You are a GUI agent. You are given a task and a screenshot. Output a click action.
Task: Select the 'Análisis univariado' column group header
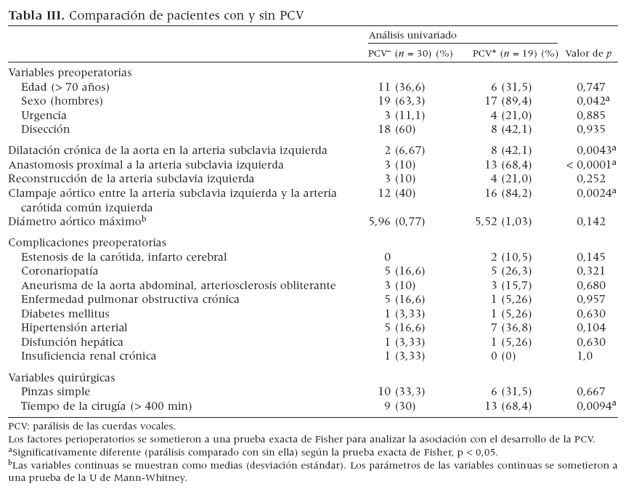[412, 35]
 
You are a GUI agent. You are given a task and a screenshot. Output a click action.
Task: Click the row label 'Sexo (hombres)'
[62, 101]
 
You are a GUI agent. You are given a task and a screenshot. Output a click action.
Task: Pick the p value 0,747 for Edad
[590, 87]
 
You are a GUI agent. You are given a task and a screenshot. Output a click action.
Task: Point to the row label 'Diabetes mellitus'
[65, 314]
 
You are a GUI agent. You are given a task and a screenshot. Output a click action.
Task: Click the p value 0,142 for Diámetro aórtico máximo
[590, 222]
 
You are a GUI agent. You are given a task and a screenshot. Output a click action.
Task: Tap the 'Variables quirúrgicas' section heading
[62, 378]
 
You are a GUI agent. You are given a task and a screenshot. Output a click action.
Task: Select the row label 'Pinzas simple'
[56, 392]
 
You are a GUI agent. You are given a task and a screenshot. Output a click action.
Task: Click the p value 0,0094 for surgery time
[590, 406]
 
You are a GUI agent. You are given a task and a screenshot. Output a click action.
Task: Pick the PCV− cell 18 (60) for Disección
[396, 129]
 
